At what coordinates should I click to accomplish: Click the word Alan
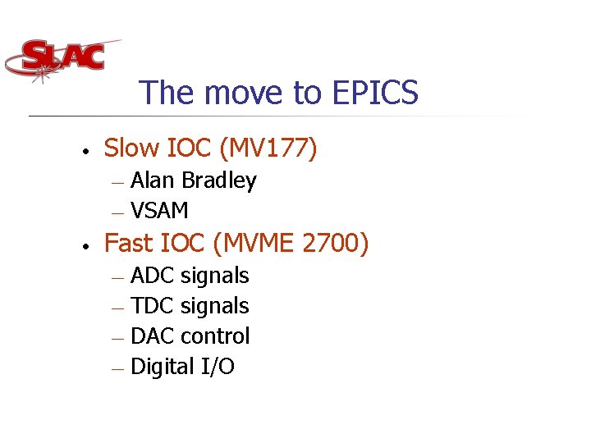[153, 180]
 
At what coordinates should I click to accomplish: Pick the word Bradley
[219, 180]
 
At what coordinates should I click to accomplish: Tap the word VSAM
[160, 211]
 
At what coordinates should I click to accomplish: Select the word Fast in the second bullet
[130, 244]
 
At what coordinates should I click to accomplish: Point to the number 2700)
[337, 244]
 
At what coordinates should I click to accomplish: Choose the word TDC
[153, 306]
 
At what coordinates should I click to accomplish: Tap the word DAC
[153, 336]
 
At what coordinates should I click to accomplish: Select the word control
[215, 336]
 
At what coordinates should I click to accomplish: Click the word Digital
[163, 367]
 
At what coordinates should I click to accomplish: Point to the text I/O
[218, 367]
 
